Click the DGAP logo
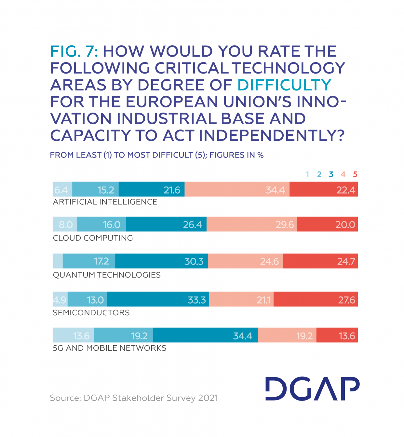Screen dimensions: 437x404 312,389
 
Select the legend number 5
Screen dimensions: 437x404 355,174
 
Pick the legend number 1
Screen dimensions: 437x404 307,174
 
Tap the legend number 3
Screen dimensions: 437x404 331,174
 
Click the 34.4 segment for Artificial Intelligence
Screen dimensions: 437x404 237,189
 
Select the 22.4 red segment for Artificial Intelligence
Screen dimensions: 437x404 324,189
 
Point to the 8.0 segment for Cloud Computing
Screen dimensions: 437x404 65,224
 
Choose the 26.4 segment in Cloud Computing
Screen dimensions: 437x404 166,224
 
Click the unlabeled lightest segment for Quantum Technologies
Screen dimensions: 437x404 58,261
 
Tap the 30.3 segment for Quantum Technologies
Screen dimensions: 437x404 161,261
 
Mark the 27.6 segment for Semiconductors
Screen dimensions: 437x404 316,299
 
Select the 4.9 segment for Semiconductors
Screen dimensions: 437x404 60,299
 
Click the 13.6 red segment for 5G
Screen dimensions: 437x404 337,335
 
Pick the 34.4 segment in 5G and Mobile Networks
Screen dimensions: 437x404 205,335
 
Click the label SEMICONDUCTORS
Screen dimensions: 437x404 91,313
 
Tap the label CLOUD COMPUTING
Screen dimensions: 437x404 93,238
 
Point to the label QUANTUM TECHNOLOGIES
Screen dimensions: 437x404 107,275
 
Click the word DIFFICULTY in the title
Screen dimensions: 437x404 284,85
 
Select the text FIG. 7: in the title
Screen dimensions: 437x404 74,51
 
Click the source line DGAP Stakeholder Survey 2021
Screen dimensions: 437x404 134,398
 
